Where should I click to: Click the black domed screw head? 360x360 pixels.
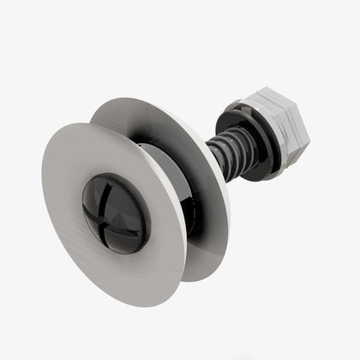click(115, 209)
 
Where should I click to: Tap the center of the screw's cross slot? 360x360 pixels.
click(114, 209)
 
